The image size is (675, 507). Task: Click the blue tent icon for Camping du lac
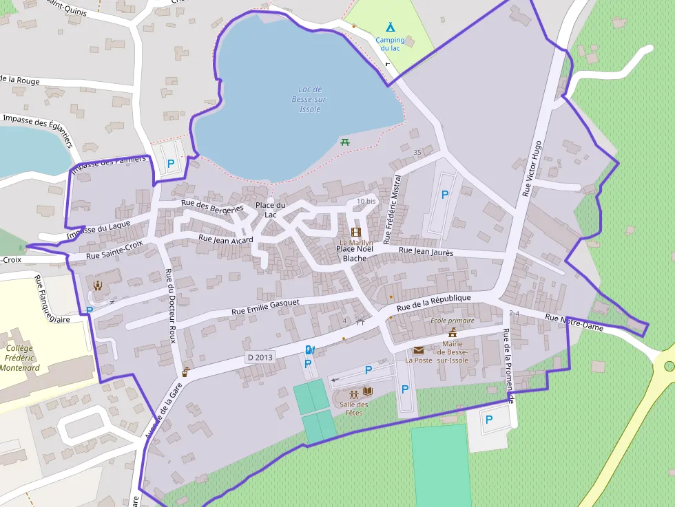coord(391,28)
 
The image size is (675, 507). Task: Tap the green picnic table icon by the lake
coord(345,142)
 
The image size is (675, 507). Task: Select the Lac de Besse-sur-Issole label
coord(310,99)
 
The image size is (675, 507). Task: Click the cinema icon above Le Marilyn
coord(356,233)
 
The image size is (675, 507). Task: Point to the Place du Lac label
coord(270,210)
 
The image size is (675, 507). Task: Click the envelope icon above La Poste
coord(418,350)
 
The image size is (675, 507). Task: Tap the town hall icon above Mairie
coord(453,333)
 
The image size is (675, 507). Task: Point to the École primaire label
coord(452,321)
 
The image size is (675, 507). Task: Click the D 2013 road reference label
coord(260,357)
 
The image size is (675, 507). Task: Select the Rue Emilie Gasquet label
coord(265,307)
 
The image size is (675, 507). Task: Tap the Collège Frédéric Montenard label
coord(19,358)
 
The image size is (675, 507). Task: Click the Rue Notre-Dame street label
coord(574,323)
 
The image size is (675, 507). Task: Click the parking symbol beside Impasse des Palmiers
coord(171,164)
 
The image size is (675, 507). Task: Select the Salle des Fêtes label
coord(353,409)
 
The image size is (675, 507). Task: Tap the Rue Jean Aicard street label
coord(225,239)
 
